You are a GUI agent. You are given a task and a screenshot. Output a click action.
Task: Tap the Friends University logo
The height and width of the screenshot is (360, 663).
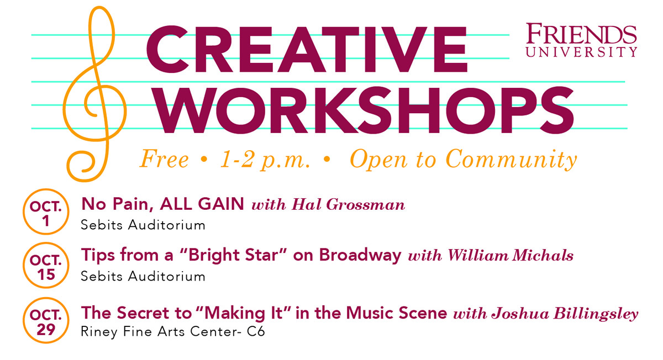pos(581,40)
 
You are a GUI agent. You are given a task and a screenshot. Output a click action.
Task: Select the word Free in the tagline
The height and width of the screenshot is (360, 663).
pos(164,160)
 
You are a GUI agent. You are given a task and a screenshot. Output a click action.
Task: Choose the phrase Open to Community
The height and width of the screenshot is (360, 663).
pos(463,160)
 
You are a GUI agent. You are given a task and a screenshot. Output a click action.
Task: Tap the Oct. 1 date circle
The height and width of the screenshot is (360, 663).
pos(46,213)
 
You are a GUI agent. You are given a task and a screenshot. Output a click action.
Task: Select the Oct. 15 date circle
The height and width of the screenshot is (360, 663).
pos(46,267)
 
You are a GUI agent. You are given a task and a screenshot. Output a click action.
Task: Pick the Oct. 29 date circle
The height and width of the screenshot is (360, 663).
pos(46,322)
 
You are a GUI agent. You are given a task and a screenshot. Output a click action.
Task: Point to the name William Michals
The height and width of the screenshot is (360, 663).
pos(510,257)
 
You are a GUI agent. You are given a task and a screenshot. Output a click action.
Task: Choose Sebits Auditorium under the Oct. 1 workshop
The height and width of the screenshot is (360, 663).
pos(143,225)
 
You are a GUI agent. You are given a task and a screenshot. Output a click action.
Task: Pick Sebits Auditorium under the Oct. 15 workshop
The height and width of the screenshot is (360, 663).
pos(143,276)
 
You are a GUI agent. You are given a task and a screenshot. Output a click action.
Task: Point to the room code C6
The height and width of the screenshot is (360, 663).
pos(256,333)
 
